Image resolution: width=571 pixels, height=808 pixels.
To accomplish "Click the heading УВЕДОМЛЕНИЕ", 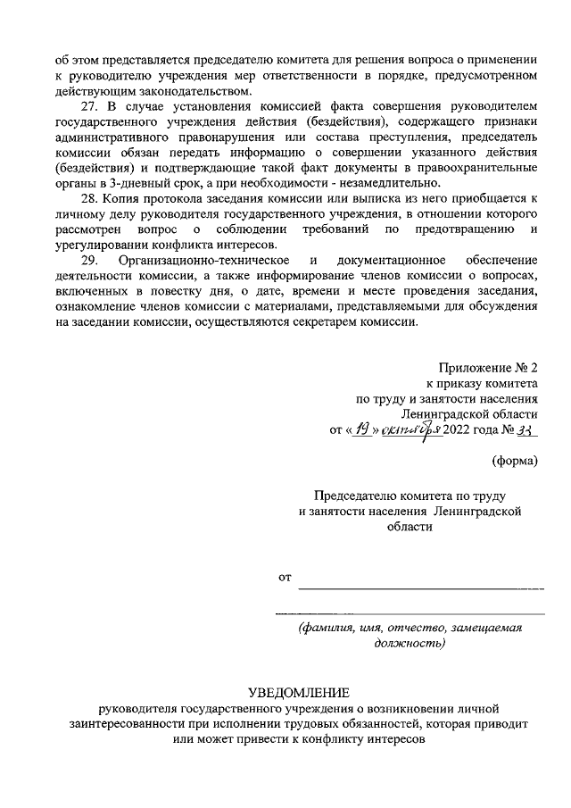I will pyautogui.click(x=299, y=694).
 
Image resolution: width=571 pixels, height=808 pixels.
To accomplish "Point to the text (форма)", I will pyautogui.click(x=517, y=461).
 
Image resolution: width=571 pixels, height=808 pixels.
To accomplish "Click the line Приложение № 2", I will pyautogui.click(x=489, y=368).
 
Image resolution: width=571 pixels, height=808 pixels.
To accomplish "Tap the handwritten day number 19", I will pyautogui.click(x=360, y=429).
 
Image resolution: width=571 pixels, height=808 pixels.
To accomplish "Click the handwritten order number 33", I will pyautogui.click(x=529, y=429).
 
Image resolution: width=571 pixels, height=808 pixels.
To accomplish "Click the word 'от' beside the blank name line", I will pyautogui.click(x=285, y=578).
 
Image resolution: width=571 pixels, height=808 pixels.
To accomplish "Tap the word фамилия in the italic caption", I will pyautogui.click(x=334, y=628).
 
